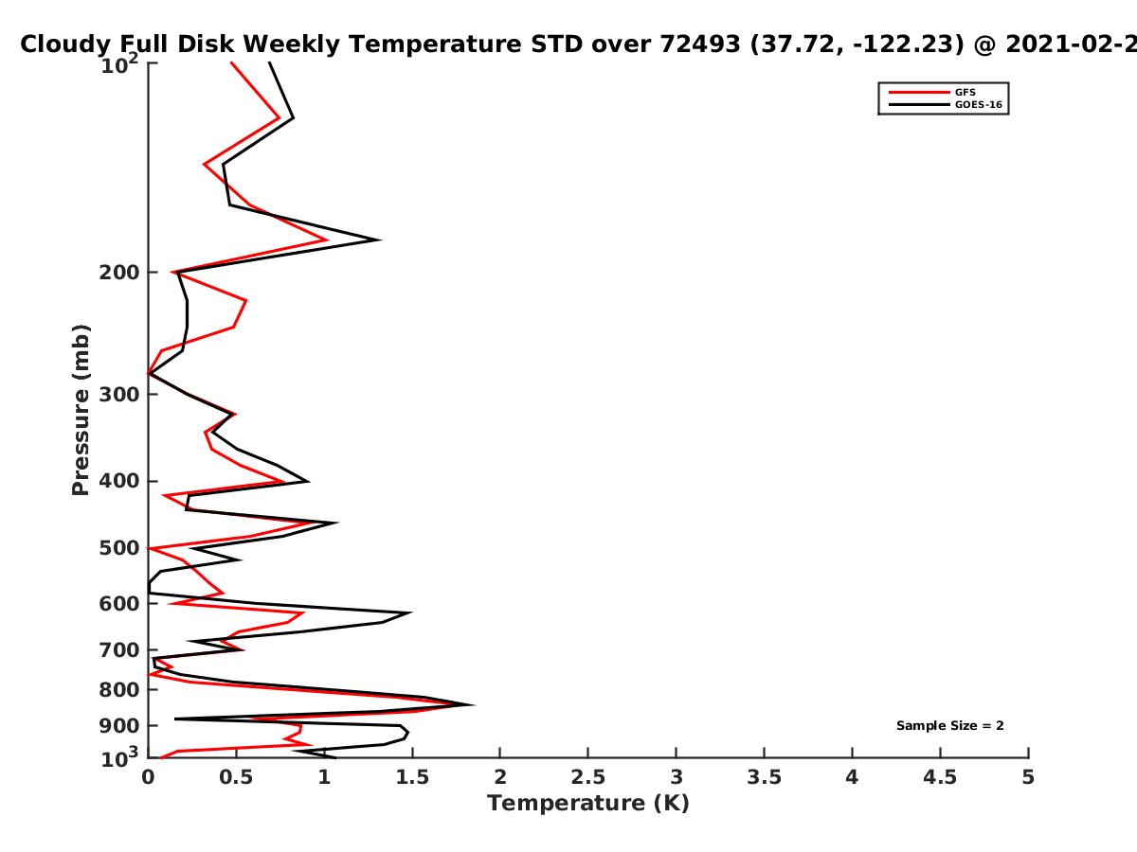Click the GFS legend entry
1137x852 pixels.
(x=932, y=92)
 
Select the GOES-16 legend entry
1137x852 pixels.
(x=946, y=104)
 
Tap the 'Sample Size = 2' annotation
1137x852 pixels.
(x=950, y=726)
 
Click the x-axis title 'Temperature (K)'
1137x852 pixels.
(x=588, y=804)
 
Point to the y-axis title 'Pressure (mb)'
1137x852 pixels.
(x=81, y=410)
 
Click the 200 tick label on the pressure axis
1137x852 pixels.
(x=119, y=273)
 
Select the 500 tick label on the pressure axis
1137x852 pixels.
(x=119, y=548)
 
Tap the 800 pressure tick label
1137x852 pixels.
(x=119, y=689)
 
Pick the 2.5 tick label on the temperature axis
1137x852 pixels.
(x=588, y=777)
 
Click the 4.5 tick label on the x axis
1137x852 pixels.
(x=940, y=777)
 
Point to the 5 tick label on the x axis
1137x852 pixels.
(x=1028, y=777)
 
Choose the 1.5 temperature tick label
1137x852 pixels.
(x=412, y=777)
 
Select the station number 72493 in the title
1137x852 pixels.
(x=700, y=44)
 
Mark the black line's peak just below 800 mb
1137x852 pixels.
(x=474, y=704)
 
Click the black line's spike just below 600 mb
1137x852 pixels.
(x=411, y=613)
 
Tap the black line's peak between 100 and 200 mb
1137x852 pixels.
(x=381, y=240)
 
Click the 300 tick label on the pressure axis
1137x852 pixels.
(x=119, y=395)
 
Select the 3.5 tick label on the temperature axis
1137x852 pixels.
(x=764, y=777)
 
